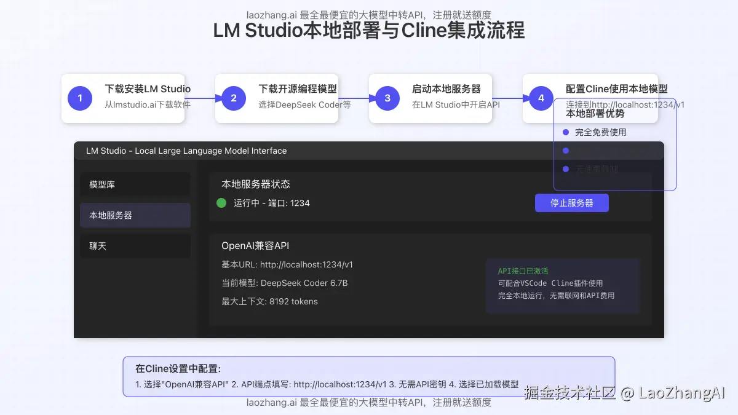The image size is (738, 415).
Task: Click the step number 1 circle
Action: click(x=80, y=98)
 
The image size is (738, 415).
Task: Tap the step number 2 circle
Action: click(x=234, y=98)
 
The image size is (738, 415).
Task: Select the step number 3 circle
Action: click(x=387, y=98)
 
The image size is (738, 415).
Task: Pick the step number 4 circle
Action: click(x=541, y=98)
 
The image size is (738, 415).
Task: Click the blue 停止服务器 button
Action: click(x=571, y=203)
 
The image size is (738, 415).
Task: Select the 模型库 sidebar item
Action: click(x=135, y=184)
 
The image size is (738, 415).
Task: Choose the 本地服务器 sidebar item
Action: click(x=135, y=215)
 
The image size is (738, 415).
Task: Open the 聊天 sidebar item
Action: click(x=135, y=246)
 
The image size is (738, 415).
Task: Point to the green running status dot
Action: click(x=221, y=203)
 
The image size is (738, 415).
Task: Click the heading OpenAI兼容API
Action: click(x=255, y=246)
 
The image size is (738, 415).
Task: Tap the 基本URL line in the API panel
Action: click(x=287, y=264)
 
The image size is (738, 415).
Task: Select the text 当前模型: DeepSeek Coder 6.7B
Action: click(x=285, y=283)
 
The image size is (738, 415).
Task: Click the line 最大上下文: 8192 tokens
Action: click(x=269, y=301)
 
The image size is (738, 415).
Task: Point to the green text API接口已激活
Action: click(x=523, y=271)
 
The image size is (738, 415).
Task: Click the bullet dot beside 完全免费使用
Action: click(x=566, y=132)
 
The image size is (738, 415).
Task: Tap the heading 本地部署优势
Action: click(x=595, y=114)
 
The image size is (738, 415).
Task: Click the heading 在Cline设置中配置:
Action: click(x=178, y=369)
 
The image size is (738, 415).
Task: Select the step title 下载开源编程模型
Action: click(x=298, y=89)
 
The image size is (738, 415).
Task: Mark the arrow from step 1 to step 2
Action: click(x=203, y=98)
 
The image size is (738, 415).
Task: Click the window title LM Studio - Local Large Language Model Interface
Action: click(x=186, y=151)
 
